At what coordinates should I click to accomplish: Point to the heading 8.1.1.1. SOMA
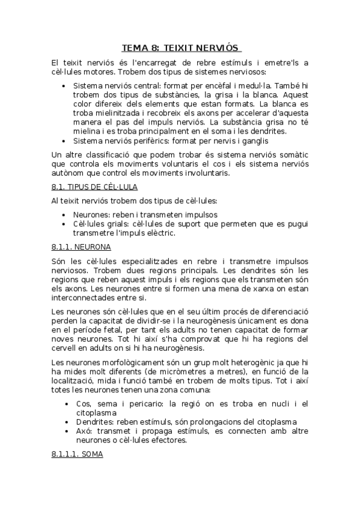click(x=78, y=455)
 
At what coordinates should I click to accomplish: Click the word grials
click(x=114, y=224)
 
